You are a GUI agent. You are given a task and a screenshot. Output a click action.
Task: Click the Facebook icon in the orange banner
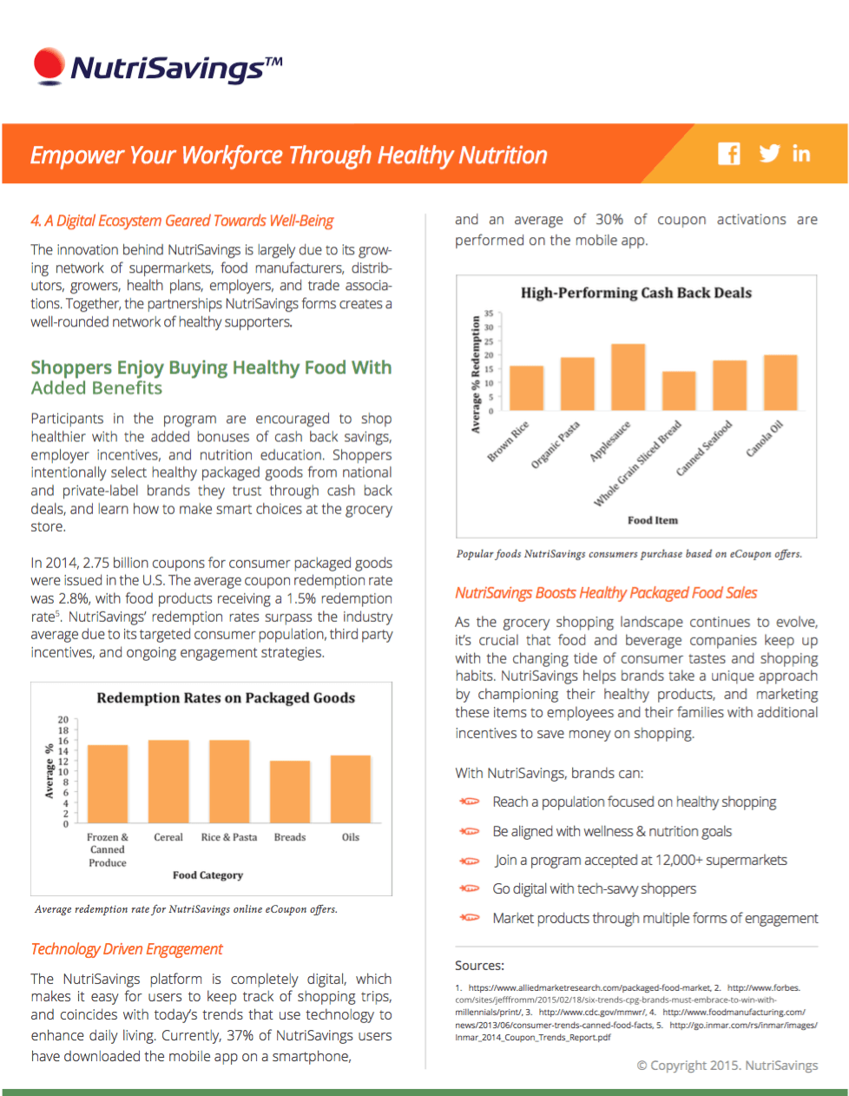[x=729, y=154]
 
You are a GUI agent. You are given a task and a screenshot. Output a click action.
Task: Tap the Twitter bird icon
[x=769, y=154]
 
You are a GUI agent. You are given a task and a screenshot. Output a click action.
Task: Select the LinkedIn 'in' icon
[x=801, y=154]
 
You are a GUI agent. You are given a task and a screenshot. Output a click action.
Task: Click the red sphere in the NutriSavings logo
[x=49, y=65]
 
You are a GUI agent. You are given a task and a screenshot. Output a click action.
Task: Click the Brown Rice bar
[x=526, y=388]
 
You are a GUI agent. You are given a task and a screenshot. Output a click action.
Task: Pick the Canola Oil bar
[x=780, y=382]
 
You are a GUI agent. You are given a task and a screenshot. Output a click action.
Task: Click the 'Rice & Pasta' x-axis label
[x=229, y=837]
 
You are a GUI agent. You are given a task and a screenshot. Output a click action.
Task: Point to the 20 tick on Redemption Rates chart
[x=63, y=720]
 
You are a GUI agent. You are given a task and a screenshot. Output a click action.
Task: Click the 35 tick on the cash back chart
[x=489, y=314]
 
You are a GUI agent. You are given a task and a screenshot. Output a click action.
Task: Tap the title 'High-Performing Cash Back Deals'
[x=636, y=293]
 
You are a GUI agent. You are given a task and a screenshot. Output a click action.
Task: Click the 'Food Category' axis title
[x=207, y=875]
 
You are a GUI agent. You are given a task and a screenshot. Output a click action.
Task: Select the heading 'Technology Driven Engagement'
[x=127, y=949]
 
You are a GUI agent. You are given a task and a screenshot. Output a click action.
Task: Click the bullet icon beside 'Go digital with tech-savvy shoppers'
[x=470, y=888]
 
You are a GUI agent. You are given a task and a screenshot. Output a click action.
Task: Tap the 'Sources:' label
[x=479, y=966]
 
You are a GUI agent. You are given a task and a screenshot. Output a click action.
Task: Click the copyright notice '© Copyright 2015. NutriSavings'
[x=727, y=1065]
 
